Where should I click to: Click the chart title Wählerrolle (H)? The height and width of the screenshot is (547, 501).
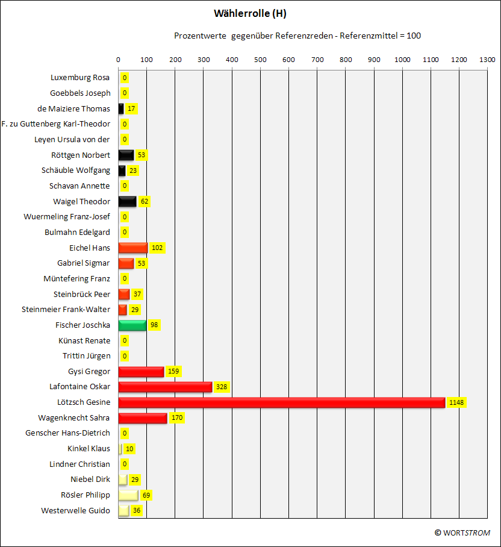(250, 14)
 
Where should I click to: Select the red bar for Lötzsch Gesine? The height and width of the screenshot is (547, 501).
(282, 402)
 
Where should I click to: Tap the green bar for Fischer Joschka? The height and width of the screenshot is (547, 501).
(132, 325)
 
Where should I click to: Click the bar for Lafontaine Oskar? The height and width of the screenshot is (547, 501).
(165, 387)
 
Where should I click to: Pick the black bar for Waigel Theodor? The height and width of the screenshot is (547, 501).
(127, 201)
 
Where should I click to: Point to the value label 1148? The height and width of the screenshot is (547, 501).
(456, 402)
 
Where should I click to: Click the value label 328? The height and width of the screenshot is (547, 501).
(222, 387)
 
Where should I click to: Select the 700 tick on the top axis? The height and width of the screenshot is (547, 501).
(317, 60)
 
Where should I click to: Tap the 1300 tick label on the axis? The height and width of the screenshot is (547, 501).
(487, 60)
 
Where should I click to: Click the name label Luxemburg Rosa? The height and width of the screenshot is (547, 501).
(80, 78)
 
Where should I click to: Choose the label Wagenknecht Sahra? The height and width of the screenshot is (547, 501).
(73, 417)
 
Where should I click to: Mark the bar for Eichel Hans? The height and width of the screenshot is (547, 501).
(133, 248)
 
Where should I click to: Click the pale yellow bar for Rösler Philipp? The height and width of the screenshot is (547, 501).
(128, 495)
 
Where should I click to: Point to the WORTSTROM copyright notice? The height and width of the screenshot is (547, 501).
(462, 533)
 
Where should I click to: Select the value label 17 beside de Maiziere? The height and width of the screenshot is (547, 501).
(131, 108)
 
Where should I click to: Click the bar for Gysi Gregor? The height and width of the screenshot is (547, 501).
(141, 372)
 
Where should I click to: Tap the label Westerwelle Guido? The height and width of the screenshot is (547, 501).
(75, 510)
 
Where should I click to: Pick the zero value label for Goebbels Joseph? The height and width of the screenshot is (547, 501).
(125, 93)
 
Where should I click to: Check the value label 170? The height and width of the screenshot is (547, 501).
(177, 417)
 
